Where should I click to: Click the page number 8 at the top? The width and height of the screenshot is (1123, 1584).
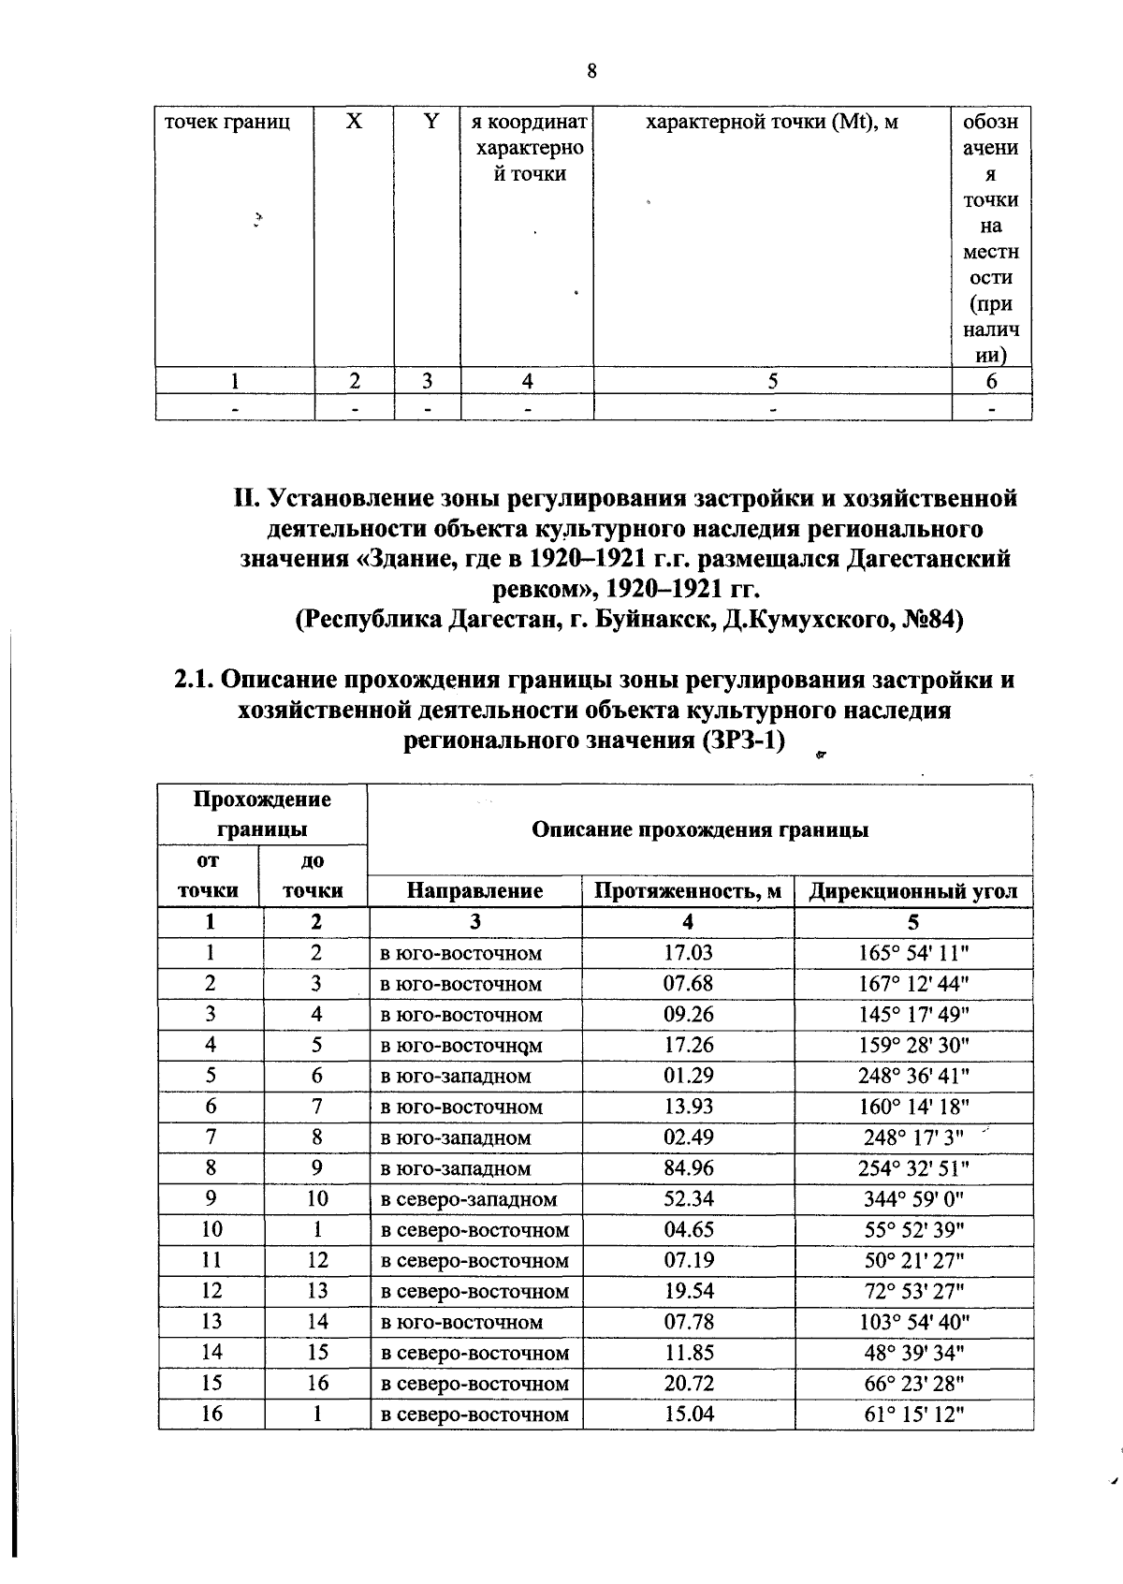coord(591,72)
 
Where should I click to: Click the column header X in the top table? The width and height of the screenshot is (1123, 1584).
coord(354,122)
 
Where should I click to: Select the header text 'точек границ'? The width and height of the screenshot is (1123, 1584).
coord(227,122)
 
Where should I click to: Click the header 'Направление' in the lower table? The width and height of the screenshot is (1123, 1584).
coord(475,890)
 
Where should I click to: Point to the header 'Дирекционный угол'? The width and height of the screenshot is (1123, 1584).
coord(912,890)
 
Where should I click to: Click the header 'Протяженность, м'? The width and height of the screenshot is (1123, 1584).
coord(688,890)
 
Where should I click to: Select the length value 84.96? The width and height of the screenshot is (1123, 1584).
coord(689,1168)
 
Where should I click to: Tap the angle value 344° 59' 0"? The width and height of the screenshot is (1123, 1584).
coord(913,1199)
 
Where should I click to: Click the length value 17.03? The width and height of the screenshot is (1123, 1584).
coord(689,953)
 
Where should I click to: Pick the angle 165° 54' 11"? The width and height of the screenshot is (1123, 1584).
coord(913,953)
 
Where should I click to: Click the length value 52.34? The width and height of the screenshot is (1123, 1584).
coord(689,1199)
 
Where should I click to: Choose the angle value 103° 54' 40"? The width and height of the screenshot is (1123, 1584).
coord(913,1322)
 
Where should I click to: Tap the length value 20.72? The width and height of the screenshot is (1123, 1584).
coord(689,1384)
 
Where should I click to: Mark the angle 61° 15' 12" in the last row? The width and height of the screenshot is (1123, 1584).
coord(913,1415)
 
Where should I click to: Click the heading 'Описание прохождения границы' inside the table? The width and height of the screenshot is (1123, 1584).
coord(700,829)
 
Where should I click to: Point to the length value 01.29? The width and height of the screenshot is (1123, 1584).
coord(689,1077)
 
